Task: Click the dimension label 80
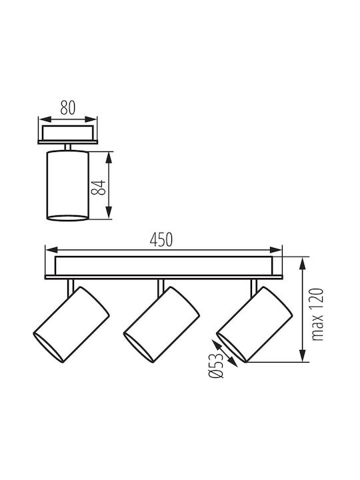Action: click(x=67, y=107)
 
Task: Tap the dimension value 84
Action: click(x=99, y=187)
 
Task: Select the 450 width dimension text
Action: click(x=161, y=240)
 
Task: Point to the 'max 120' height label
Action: click(x=317, y=315)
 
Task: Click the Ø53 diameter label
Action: click(x=216, y=365)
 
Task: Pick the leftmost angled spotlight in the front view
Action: click(x=71, y=325)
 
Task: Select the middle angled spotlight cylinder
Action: click(x=161, y=325)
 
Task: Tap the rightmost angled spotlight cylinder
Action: click(x=255, y=325)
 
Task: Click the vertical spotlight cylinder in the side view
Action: click(x=67, y=185)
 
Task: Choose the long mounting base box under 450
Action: click(x=164, y=266)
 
